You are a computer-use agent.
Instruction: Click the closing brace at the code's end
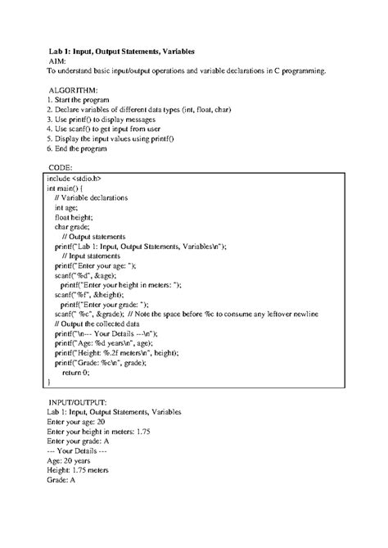(49, 383)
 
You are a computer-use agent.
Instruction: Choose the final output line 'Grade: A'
(61, 480)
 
